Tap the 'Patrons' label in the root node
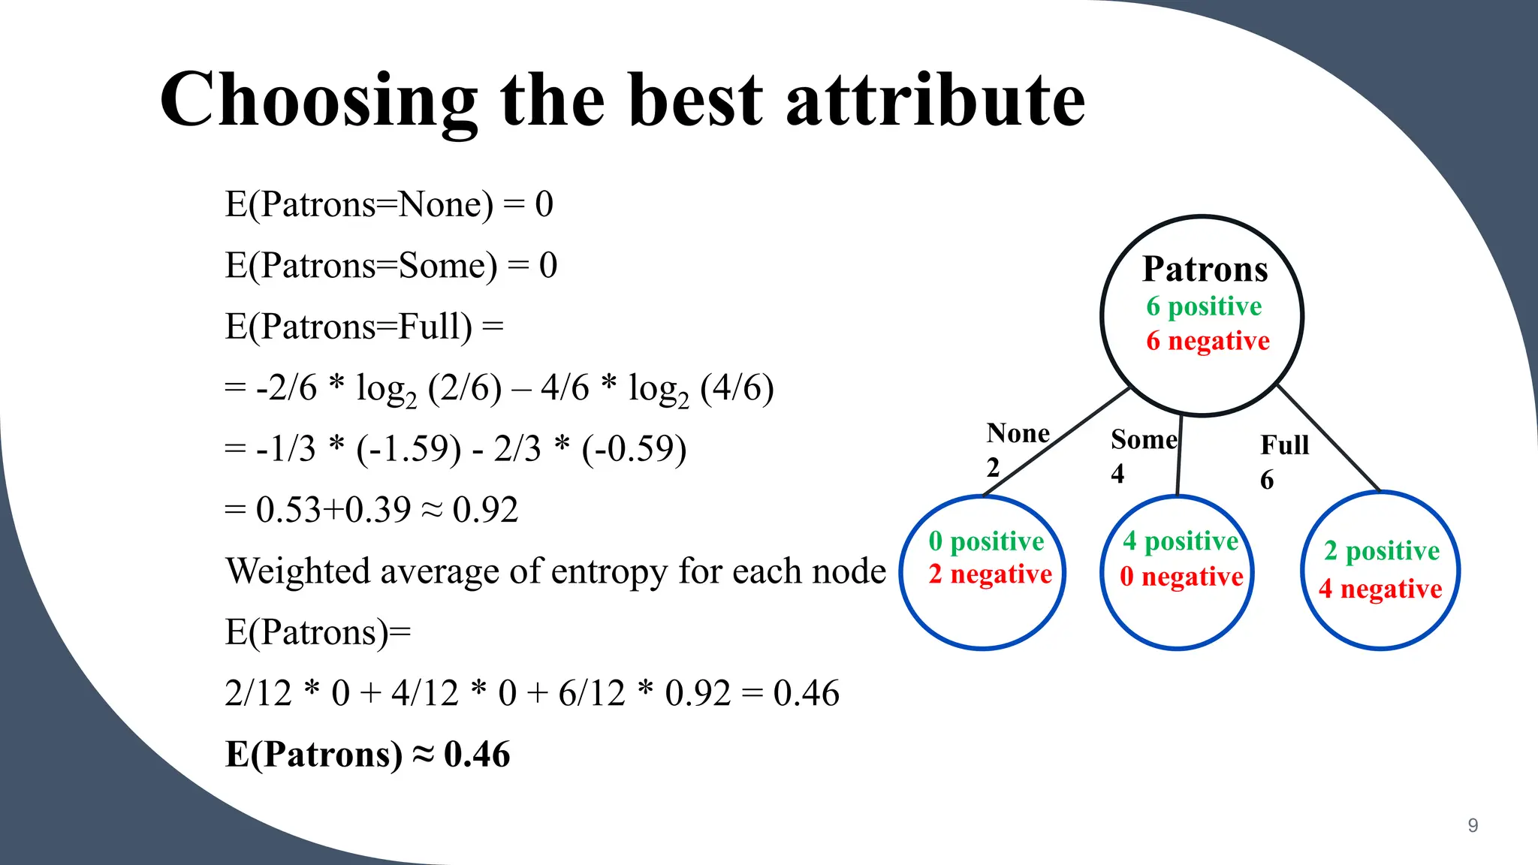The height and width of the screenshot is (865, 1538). coord(1205,269)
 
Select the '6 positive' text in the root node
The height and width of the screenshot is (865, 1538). coord(1204,306)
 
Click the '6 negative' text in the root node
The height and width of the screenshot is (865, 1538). coord(1207,341)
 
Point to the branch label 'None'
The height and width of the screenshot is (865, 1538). coord(1018,433)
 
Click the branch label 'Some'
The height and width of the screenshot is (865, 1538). coord(1144,439)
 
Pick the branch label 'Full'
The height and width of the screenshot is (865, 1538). coord(1284,445)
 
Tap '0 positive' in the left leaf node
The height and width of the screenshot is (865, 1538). coord(986,541)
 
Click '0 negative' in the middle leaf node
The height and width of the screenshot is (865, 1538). coord(1181,577)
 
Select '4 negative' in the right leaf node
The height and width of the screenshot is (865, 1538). coord(1380,589)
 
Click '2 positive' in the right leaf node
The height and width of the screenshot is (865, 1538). coord(1381,551)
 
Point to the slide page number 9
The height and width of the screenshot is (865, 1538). coord(1473,825)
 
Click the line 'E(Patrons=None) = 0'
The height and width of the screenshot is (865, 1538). coord(389,204)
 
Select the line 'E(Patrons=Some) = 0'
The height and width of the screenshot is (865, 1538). coord(391,266)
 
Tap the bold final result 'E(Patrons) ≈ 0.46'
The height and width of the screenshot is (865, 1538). coord(367,754)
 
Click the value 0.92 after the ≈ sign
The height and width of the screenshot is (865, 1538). coord(485,510)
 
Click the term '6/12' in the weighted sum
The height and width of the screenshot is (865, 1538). coord(591,693)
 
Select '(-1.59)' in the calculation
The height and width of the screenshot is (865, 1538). coord(409,449)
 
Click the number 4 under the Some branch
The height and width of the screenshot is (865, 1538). coord(1117,474)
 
